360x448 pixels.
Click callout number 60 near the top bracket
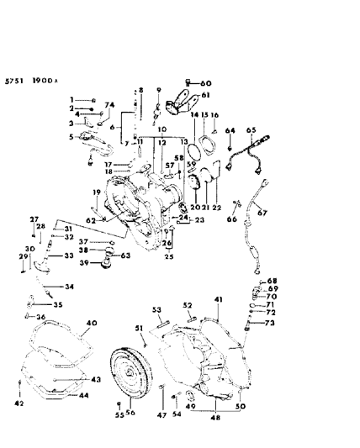(207, 83)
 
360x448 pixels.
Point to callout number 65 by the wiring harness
(250, 130)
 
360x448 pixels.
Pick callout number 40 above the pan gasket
(91, 322)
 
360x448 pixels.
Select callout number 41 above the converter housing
(217, 299)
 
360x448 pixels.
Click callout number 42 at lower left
(19, 403)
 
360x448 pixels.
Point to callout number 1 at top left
(72, 99)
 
